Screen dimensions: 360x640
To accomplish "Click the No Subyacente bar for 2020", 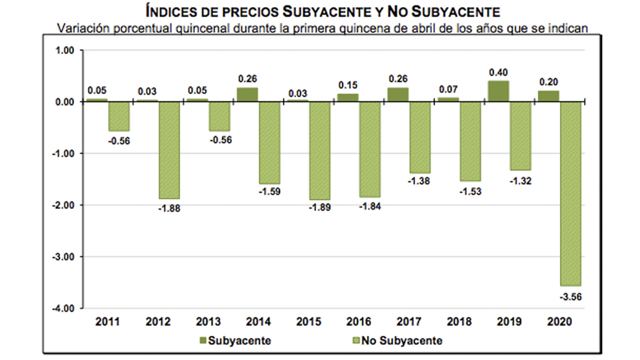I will tap(570, 193).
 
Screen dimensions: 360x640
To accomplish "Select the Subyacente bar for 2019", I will tap(498, 91).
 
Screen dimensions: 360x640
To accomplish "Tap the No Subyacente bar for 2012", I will tap(169, 150).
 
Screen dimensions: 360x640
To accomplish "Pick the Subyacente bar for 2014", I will tap(247, 95).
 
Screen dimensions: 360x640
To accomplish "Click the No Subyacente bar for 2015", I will tap(320, 151).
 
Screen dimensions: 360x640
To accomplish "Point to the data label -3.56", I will tap(570, 297).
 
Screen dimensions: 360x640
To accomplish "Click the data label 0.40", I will tap(498, 72).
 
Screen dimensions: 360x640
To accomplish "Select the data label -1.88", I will tap(169, 209).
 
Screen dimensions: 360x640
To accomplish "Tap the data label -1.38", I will tap(419, 181).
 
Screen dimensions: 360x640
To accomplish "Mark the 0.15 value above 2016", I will tap(348, 85).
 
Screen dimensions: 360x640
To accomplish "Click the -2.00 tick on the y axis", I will tap(63, 205).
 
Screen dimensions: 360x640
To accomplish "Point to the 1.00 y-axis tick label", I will tap(65, 50).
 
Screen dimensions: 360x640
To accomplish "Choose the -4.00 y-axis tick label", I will tap(63, 308).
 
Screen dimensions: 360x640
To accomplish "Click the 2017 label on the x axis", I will tap(409, 322).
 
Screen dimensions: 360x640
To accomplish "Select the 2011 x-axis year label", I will tap(107, 322).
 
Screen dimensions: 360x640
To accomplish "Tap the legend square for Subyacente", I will tap(203, 340).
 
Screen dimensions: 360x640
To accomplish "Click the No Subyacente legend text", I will tap(402, 341).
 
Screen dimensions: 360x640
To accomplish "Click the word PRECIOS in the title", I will tap(250, 12).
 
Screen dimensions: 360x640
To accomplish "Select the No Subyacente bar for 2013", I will tap(219, 116).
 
